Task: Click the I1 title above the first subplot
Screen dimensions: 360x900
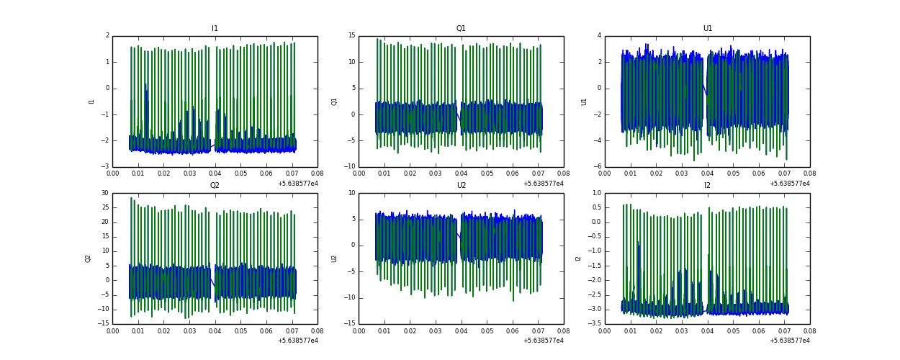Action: (x=215, y=29)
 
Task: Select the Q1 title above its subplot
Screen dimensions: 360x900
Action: (x=461, y=29)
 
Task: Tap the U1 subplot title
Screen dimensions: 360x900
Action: (x=707, y=29)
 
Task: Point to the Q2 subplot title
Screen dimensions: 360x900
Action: (x=215, y=186)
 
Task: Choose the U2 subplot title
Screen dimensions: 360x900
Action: (x=461, y=186)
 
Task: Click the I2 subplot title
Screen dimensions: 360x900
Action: (x=707, y=186)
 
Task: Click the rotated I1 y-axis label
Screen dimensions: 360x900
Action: (x=91, y=102)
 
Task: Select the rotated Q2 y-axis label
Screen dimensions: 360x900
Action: (x=88, y=258)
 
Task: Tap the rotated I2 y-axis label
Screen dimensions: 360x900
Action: (x=577, y=258)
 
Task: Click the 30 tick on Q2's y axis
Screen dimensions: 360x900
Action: (x=104, y=193)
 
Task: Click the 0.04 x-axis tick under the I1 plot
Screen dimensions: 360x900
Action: (x=215, y=174)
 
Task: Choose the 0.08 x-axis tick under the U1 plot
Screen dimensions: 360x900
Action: (x=809, y=174)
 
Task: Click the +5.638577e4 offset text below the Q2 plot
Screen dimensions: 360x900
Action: (x=297, y=341)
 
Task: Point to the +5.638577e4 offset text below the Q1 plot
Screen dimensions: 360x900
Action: (x=544, y=184)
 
